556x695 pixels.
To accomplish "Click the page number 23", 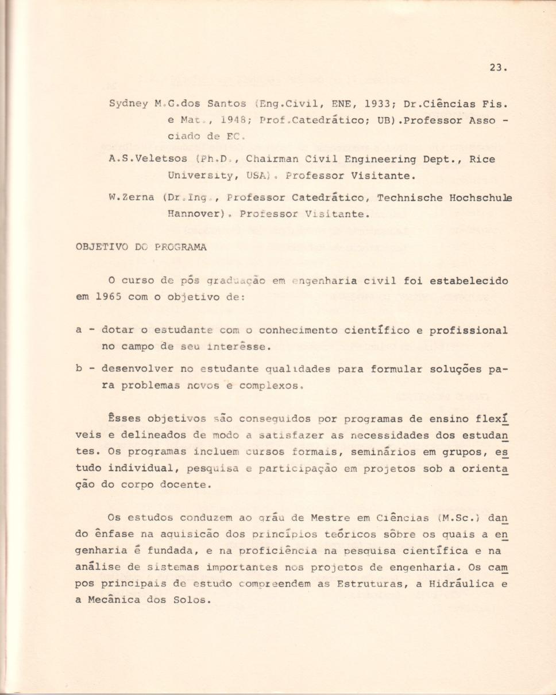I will tap(498, 67).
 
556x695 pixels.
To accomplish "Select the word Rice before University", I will tap(482, 159).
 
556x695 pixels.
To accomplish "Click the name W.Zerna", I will tap(131, 197).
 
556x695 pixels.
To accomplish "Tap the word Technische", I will tap(408, 197).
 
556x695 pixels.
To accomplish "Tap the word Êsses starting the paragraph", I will tap(125, 418).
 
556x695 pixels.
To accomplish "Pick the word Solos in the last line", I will tap(192, 600).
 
